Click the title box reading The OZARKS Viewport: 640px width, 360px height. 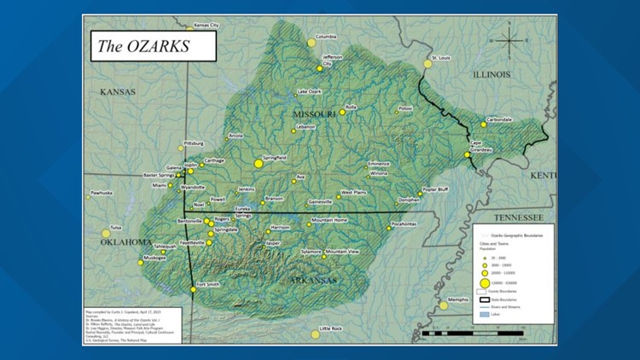click(x=152, y=46)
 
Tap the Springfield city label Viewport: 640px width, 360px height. click(x=276, y=158)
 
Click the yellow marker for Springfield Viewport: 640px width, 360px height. click(x=259, y=163)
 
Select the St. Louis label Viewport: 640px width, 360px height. click(x=441, y=57)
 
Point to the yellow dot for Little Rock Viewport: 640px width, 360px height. click(x=315, y=334)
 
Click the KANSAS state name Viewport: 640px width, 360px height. click(x=119, y=91)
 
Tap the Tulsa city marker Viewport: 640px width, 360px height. click(x=106, y=233)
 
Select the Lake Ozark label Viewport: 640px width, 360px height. click(x=309, y=91)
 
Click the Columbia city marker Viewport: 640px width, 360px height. click(x=311, y=43)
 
